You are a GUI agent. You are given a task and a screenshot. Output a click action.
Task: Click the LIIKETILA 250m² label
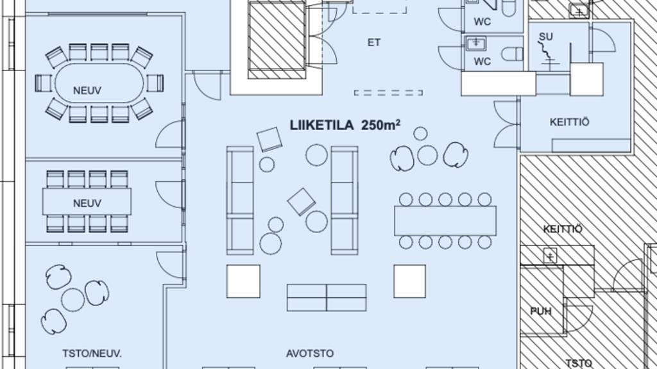pos(345,125)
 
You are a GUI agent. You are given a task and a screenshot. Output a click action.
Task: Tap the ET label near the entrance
pos(374,43)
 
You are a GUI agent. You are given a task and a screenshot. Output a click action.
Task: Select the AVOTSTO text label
pos(310,353)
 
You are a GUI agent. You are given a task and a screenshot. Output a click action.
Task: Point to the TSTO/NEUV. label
pos(92,353)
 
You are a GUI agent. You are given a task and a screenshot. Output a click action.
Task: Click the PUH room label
pos(541,312)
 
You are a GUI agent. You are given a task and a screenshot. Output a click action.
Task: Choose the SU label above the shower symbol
pos(546,36)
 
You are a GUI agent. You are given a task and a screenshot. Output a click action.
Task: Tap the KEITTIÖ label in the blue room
pos(569,122)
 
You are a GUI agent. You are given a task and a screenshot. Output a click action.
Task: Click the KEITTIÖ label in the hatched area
pos(563,229)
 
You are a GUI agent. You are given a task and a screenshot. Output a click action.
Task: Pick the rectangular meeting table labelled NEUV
pos(87,202)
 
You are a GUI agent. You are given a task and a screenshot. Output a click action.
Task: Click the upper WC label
pos(482,22)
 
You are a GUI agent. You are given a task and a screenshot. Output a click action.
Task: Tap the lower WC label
pos(482,61)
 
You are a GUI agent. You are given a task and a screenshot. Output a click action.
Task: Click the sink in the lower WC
pos(476,44)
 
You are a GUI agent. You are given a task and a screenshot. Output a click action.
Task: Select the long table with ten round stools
pos(445,220)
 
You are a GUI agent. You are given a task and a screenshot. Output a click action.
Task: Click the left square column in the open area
pos(243,281)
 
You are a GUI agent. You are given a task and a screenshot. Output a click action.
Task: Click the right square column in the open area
pos(410,281)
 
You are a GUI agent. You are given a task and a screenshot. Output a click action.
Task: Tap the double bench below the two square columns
pos(327,298)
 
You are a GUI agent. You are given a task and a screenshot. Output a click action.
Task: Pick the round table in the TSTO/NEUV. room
pos(72,299)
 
